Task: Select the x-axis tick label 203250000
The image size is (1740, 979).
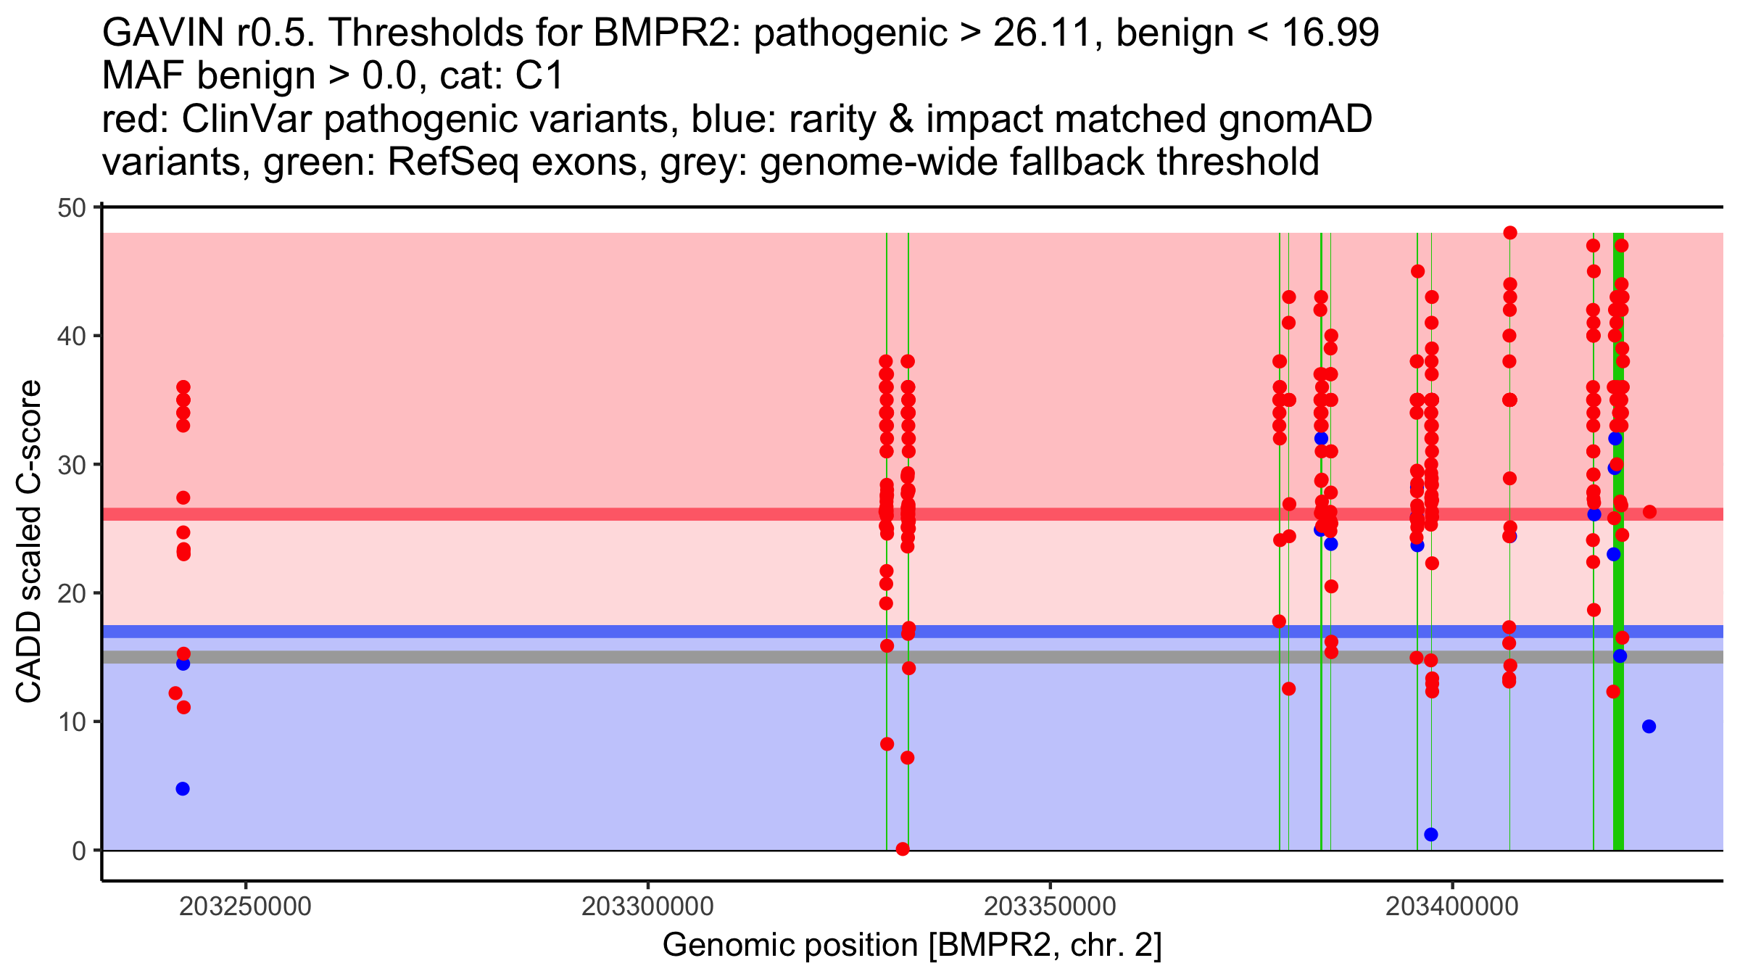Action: click(x=245, y=906)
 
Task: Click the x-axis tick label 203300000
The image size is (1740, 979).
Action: click(x=647, y=906)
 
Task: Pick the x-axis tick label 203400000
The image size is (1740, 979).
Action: click(x=1451, y=906)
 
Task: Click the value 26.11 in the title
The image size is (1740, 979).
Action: click(x=1041, y=33)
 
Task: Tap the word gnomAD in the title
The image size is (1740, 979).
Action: click(x=1295, y=120)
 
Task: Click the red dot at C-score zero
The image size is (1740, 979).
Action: click(x=903, y=849)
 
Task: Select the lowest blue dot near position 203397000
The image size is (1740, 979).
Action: click(x=1431, y=835)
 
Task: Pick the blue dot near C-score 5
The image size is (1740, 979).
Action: click(x=183, y=789)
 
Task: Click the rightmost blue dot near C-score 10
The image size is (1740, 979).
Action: click(x=1649, y=727)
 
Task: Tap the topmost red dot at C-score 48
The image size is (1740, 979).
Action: click(x=1510, y=233)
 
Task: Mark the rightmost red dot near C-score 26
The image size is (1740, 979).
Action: click(x=1649, y=512)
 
